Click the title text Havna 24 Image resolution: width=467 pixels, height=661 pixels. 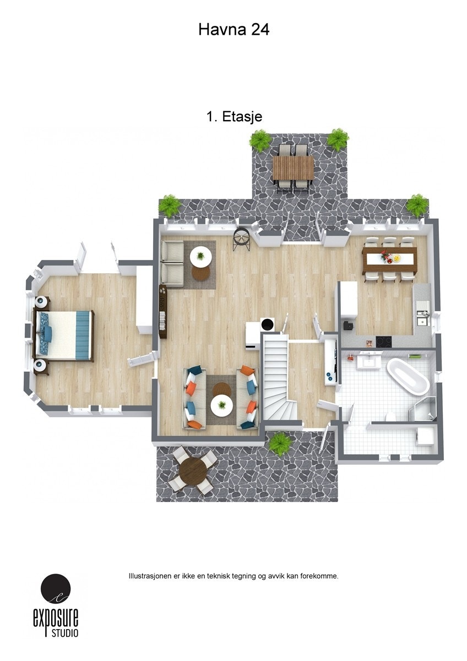click(x=233, y=30)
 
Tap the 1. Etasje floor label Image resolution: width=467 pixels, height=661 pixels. click(x=233, y=117)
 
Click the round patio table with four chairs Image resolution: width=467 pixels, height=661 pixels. click(x=192, y=470)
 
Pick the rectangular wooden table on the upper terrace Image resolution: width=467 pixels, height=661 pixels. click(x=293, y=167)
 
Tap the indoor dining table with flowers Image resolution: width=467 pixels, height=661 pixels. click(x=389, y=258)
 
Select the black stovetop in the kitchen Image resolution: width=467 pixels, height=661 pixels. click(x=383, y=342)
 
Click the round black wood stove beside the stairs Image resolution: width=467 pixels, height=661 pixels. click(x=268, y=324)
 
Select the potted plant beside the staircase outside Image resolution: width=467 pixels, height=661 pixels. click(x=280, y=443)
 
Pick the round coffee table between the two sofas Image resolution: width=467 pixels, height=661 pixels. click(x=222, y=406)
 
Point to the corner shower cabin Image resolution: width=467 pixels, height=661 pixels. click(x=425, y=410)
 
